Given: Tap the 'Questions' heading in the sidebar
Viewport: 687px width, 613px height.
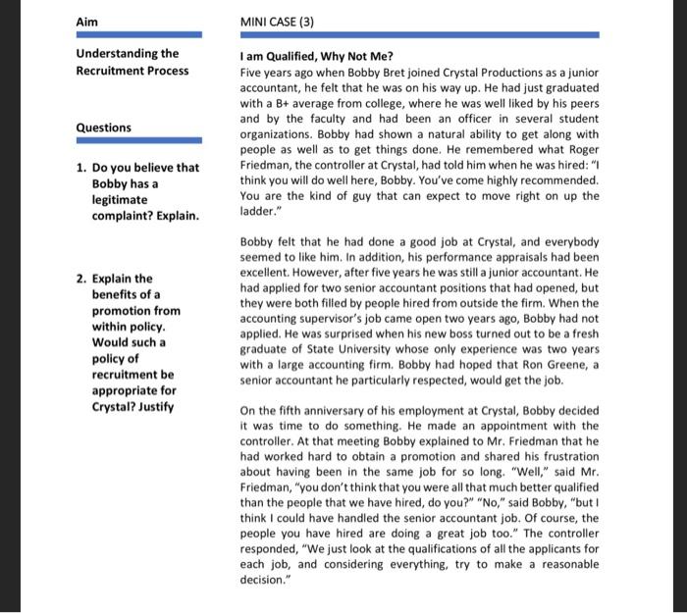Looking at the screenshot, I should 104,128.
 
